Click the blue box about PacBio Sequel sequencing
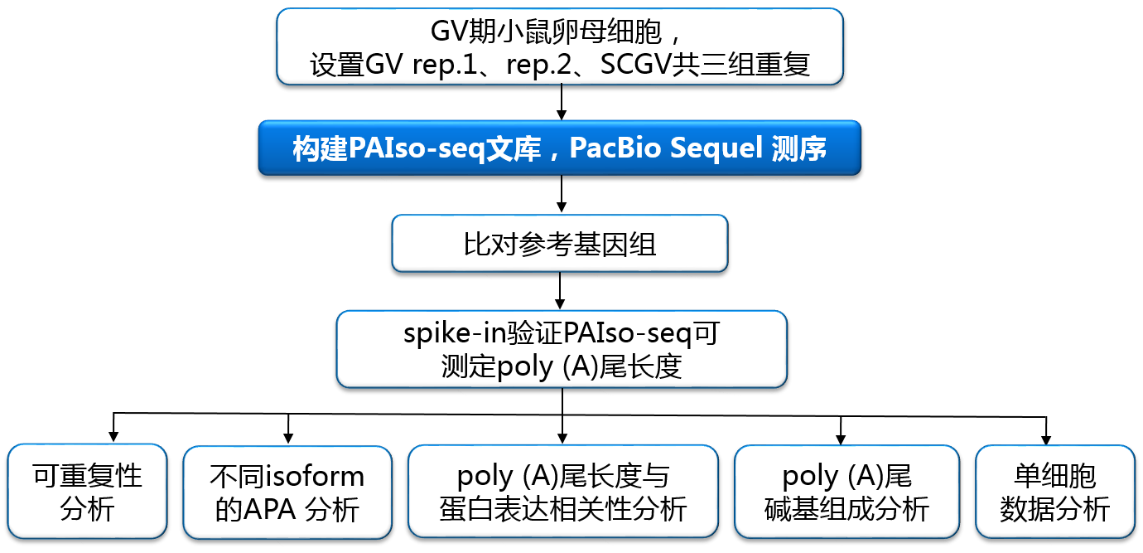click(x=560, y=148)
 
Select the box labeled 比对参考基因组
click(x=560, y=244)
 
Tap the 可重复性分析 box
click(x=87, y=491)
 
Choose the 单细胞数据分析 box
click(x=1054, y=491)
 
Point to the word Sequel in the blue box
click(x=716, y=148)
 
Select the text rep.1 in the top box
click(x=445, y=65)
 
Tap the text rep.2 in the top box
click(x=539, y=65)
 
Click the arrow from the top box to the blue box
click(x=562, y=102)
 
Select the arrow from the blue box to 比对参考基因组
click(x=562, y=194)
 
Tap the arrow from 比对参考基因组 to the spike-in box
click(x=560, y=290)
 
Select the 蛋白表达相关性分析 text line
click(x=563, y=509)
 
